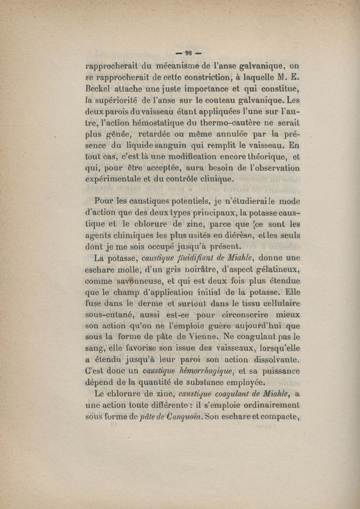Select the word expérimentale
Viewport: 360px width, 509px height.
tap(115, 179)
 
